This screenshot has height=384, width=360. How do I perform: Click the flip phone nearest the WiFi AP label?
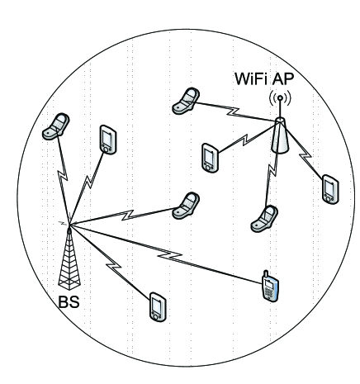[185, 101]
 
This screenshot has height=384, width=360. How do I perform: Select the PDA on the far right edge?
[330, 188]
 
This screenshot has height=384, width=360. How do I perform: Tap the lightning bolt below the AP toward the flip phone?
[272, 169]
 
